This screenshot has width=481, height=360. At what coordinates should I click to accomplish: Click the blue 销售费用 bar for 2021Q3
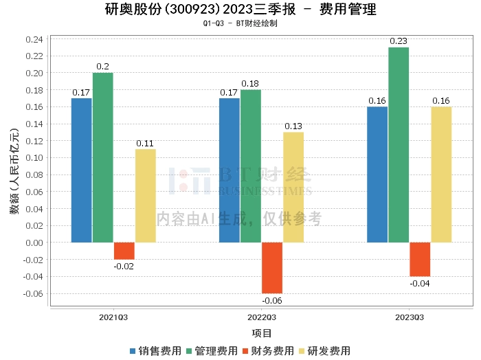pos(82,170)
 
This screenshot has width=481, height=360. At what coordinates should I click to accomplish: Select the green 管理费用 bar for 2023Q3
pos(399,145)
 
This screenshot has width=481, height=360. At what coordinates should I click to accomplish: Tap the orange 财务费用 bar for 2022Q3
pos(272,267)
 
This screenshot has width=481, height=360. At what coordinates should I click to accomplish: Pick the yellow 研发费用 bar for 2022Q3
pos(293,188)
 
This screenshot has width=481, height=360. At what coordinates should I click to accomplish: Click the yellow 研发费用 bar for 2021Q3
pos(146,196)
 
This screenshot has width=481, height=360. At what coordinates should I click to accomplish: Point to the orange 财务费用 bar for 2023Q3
pos(420,259)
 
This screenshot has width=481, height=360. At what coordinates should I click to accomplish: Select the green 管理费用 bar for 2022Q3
pos(251,166)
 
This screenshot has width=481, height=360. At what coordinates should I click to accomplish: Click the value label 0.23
pos(399,41)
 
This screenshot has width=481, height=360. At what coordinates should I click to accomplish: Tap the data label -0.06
pos(272,300)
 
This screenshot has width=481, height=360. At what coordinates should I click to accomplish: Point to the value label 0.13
pos(293,126)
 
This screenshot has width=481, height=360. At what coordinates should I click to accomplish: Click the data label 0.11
pos(146,143)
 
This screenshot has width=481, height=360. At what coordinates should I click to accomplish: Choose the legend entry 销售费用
pos(155,351)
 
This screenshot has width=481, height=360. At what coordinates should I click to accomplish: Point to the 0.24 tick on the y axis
pos(34,39)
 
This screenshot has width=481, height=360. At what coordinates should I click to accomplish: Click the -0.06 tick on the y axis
pos(32,293)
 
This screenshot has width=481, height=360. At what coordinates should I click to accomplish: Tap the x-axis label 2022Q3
pos(261,317)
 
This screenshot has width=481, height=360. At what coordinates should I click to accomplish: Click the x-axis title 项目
pos(262,333)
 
